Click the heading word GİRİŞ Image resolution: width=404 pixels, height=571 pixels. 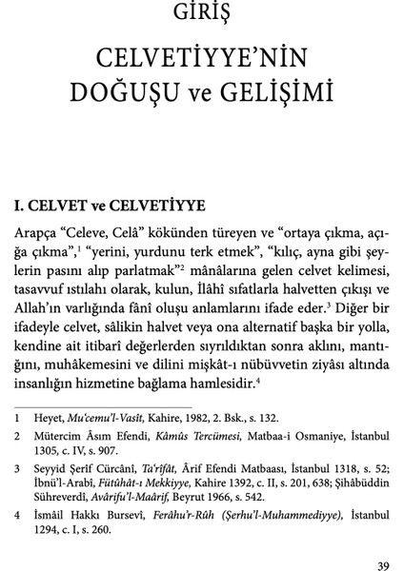point(201,14)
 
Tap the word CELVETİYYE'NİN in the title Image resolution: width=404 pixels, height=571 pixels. point(201,60)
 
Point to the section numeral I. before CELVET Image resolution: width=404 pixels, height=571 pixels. point(18,205)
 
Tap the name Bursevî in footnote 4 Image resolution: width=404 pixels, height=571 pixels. point(125,524)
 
